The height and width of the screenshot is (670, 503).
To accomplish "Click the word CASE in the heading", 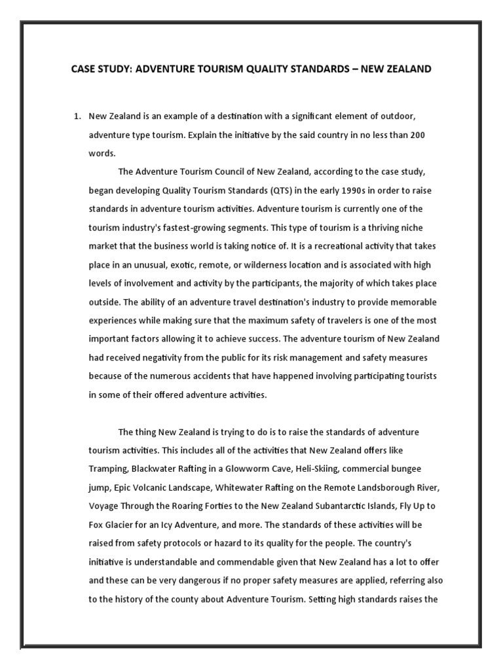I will (x=84, y=69).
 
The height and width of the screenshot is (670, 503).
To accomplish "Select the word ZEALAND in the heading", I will (x=406, y=69).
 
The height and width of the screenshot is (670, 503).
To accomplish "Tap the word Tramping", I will (x=107, y=469).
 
